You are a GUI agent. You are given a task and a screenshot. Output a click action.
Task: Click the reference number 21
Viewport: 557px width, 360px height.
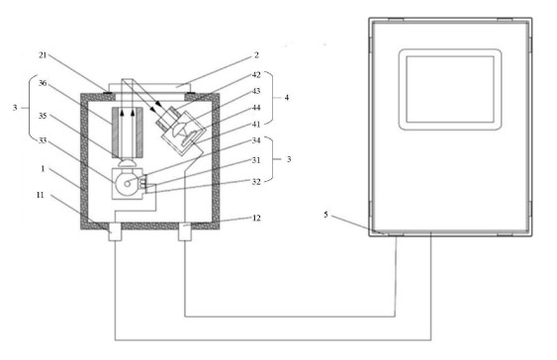tap(43, 55)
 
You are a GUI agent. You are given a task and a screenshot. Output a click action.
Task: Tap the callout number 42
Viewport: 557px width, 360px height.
tap(256, 74)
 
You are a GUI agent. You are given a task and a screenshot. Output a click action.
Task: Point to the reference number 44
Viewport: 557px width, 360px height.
tap(256, 108)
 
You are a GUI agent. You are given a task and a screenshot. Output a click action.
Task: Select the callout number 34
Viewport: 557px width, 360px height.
tap(256, 140)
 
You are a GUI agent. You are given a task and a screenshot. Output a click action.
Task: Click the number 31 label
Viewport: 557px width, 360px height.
tap(256, 160)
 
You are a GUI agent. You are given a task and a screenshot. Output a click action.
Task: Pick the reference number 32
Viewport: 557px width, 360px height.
tap(256, 182)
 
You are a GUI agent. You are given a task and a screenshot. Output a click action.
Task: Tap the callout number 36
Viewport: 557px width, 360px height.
tap(43, 83)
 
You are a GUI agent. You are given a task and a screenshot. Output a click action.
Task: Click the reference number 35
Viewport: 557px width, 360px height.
tap(43, 116)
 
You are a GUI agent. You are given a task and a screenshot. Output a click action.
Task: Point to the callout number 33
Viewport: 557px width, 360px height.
tap(43, 140)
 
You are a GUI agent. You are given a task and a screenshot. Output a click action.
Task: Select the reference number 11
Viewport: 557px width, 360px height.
tap(41, 195)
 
